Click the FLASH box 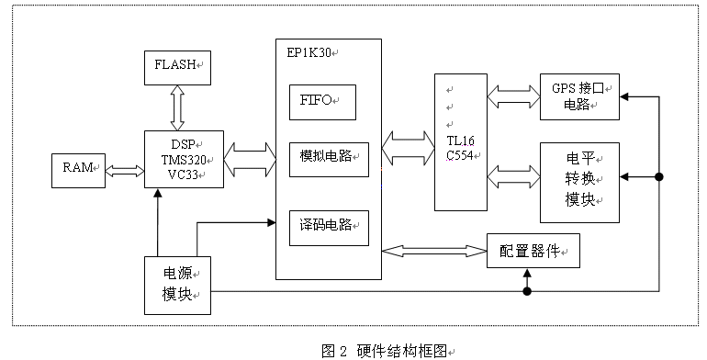click(177, 67)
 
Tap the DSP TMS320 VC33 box click(184, 158)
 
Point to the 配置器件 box click(533, 250)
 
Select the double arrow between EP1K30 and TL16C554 click(408, 142)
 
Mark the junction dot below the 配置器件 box click(527, 292)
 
